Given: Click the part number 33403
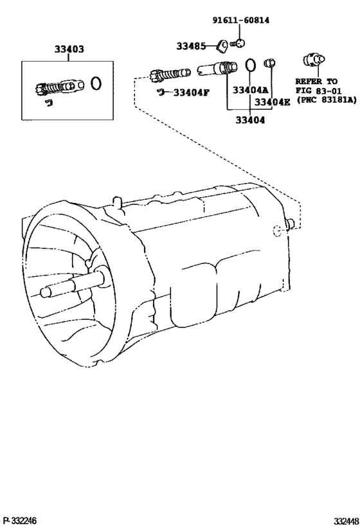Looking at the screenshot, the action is (69, 49).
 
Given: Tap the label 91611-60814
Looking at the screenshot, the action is (241, 20).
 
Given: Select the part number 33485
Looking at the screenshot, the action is (191, 46).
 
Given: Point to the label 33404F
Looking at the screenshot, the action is (191, 92).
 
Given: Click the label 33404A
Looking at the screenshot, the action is (251, 90).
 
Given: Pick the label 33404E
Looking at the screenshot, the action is (272, 101).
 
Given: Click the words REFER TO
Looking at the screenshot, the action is (316, 81).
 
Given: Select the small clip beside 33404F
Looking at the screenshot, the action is (161, 91).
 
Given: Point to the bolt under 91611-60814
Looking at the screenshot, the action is (239, 43).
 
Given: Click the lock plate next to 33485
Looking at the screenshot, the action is (222, 46).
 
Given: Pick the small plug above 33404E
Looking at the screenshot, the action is (269, 62).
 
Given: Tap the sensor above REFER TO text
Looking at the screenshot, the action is (314, 60).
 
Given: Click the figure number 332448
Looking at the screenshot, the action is (346, 521).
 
